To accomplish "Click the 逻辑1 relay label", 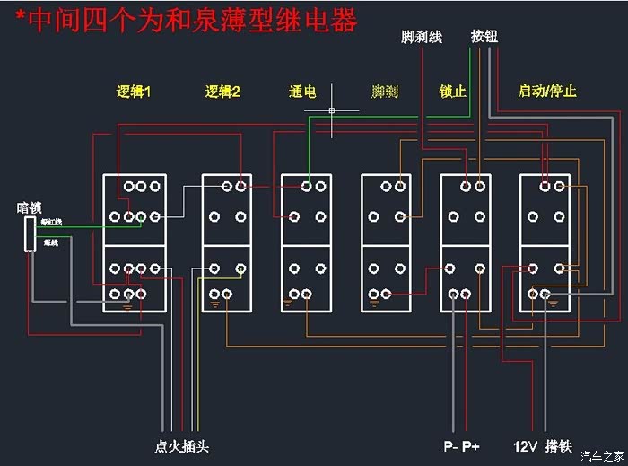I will coord(134,92).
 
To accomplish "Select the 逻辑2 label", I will coord(222,92).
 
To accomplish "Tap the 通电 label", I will coord(302,92).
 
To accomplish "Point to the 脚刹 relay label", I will coord(385,92).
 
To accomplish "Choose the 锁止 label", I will coord(453,92).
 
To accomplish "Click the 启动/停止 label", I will coord(547,92).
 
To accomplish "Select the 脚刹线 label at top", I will coord(422,37).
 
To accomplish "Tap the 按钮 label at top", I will coord(485,37).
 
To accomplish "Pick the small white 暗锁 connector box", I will coord(30,233).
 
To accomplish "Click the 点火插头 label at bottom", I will coord(181,446).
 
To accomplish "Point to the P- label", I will coord(450,446).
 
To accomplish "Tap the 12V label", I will coord(525,446).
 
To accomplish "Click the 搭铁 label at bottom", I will coord(559,446).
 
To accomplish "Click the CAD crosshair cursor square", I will coord(332,111).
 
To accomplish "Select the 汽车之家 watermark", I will coord(600,454).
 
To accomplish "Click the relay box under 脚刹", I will coord(386,242).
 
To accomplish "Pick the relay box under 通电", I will coord(307,242).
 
